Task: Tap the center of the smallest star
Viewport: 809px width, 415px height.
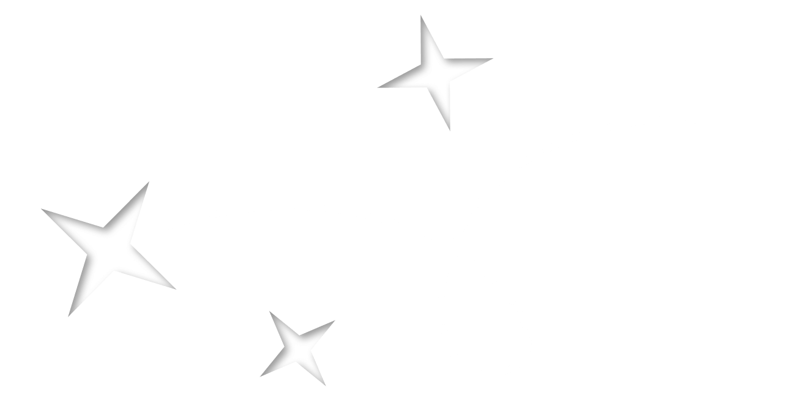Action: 298,348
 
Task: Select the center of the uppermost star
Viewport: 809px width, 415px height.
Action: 436,72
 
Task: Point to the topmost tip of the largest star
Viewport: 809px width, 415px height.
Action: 149,182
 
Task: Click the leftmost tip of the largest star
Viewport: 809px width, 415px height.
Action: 41,209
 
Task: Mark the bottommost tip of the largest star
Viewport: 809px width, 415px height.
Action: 69,316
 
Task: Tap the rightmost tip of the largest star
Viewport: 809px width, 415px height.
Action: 176,289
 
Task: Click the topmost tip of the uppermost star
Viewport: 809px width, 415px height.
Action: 421,16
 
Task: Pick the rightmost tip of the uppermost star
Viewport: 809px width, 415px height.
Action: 493,59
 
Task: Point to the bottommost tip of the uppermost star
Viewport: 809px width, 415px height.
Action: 450,131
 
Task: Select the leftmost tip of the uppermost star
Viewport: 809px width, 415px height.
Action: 377,87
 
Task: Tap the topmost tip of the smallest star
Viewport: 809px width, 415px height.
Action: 269,311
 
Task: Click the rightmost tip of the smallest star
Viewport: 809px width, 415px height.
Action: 335,320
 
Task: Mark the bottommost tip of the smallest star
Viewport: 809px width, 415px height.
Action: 326,386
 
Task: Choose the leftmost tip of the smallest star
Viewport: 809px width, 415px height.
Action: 260,376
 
